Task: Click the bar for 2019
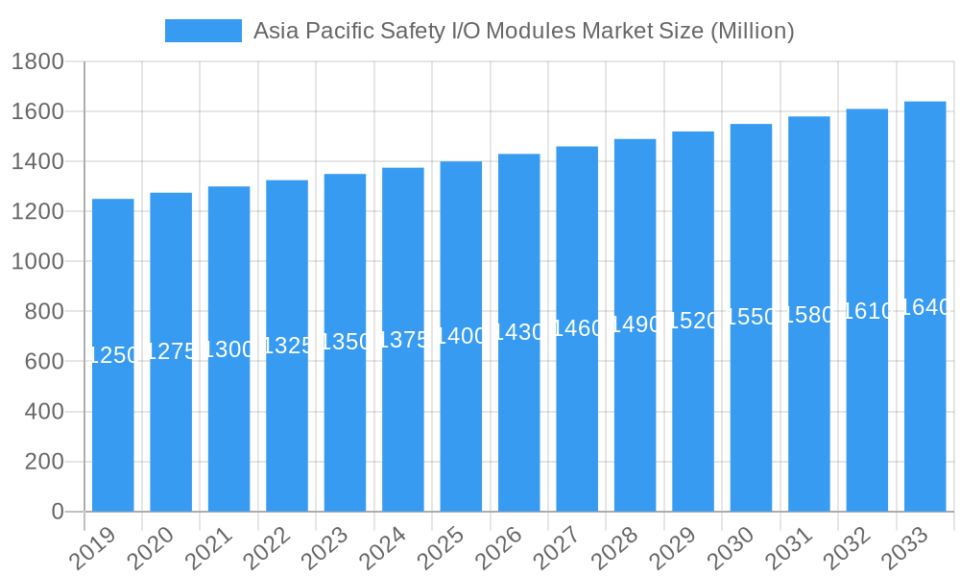113,355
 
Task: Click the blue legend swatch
203,31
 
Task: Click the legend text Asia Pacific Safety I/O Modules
523,31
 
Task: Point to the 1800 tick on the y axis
37,62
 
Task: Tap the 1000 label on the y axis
37,262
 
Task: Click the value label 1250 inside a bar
113,355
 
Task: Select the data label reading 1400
461,336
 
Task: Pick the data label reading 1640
925,307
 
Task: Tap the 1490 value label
636,324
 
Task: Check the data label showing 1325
287,346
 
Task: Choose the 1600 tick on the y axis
37,112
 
